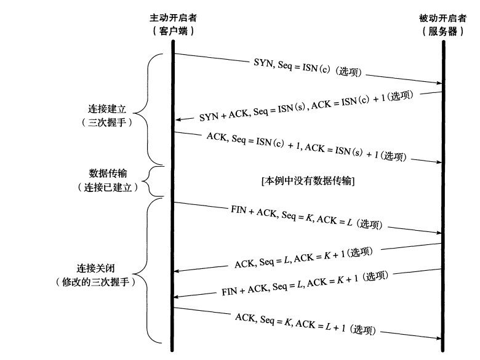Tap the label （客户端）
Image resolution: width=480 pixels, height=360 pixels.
[174, 31]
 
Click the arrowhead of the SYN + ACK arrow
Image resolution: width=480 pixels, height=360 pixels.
[178, 120]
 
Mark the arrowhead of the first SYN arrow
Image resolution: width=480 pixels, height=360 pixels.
[438, 82]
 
